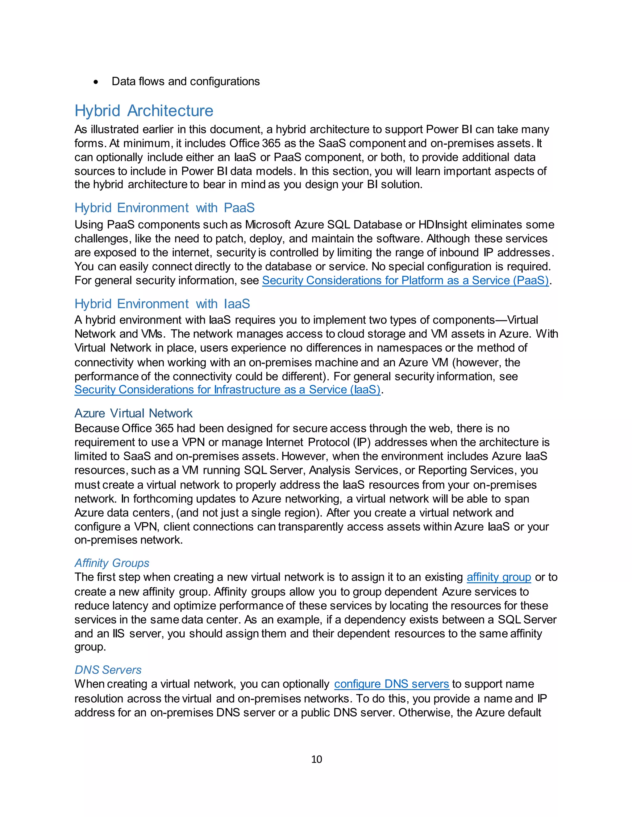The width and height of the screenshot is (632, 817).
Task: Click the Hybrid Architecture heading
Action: [x=144, y=111]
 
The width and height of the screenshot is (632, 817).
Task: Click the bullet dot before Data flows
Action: [x=96, y=82]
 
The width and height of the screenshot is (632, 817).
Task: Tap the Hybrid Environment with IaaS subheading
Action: [x=162, y=303]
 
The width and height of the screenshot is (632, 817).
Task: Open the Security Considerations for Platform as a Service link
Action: [x=405, y=280]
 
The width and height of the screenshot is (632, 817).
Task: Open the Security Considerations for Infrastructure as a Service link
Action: [x=227, y=390]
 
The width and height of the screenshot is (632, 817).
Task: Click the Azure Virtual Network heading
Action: [x=133, y=413]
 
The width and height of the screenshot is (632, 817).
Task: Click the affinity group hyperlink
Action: [x=498, y=577]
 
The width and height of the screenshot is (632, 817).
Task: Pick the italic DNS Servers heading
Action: [x=108, y=670]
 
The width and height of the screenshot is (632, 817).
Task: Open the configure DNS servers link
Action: [x=391, y=684]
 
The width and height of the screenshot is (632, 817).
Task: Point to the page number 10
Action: [x=316, y=759]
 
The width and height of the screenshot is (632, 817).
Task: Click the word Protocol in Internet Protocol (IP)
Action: [x=328, y=442]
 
